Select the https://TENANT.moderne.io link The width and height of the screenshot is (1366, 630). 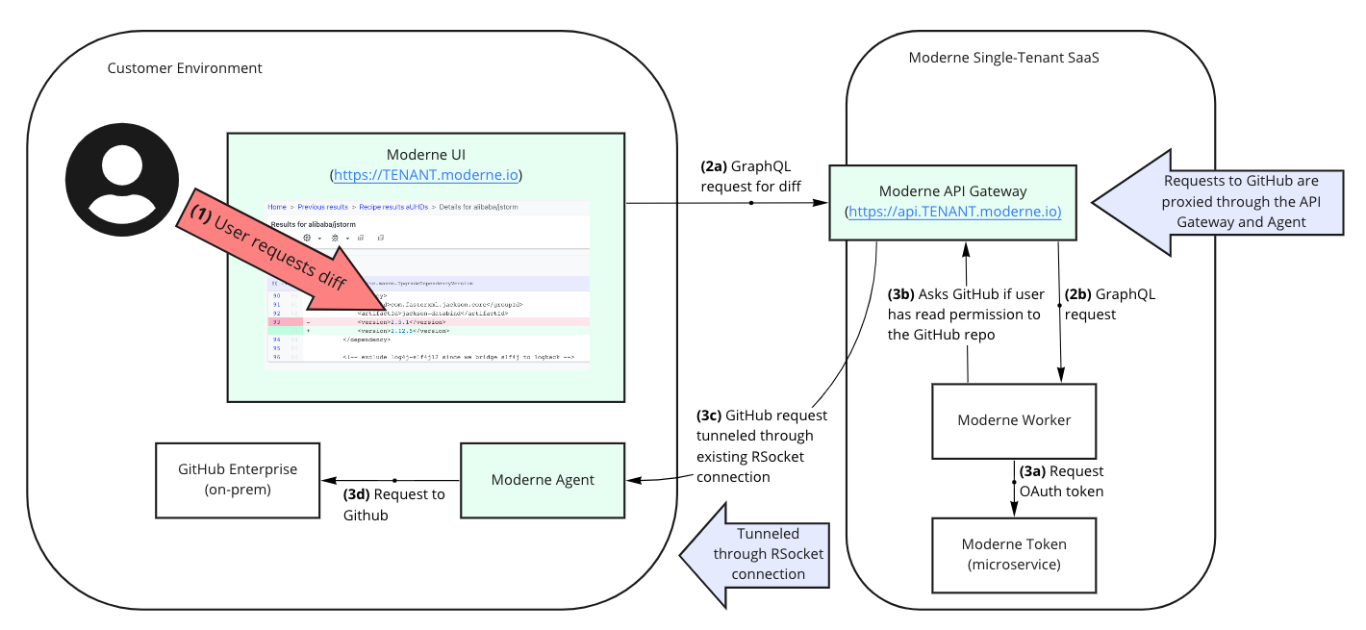(426, 176)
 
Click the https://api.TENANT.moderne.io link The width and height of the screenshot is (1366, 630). (952, 212)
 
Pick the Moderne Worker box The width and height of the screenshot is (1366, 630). (1014, 420)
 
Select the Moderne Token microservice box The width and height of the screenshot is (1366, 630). (1014, 554)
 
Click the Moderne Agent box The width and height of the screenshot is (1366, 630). (543, 479)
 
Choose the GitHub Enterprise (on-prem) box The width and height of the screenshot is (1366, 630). (238, 479)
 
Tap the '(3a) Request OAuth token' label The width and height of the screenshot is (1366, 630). (1062, 481)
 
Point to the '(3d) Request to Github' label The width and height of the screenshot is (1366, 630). (393, 504)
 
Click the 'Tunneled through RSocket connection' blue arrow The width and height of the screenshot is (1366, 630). (755, 555)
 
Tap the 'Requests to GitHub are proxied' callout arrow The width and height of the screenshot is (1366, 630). (1222, 202)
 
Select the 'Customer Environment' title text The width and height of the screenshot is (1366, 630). (185, 68)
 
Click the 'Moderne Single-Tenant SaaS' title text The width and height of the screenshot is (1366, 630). (1003, 58)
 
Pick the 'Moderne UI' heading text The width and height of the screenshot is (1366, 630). (426, 155)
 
